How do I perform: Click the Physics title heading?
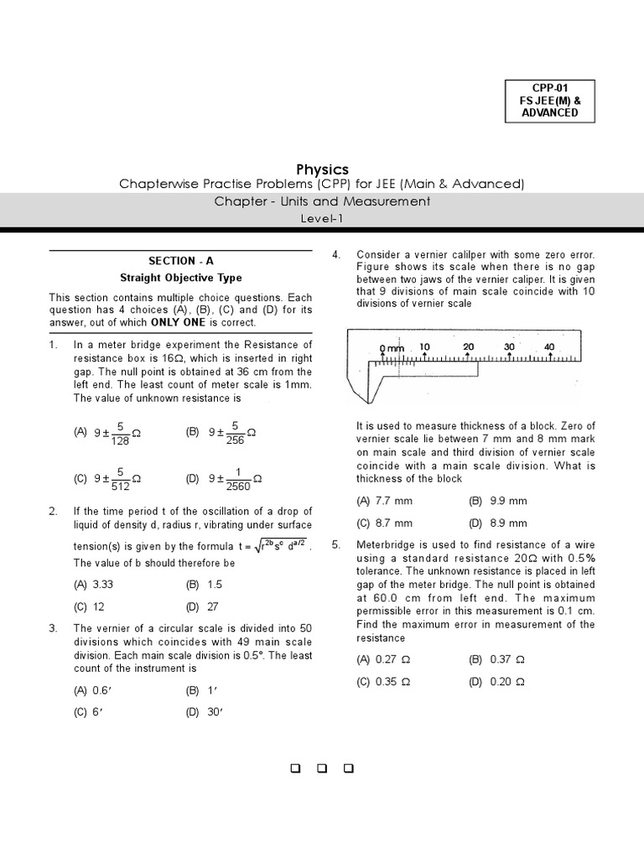coord(322,169)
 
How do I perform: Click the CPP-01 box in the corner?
coord(549,100)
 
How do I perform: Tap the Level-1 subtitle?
coord(322,218)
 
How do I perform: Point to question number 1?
coord(53,345)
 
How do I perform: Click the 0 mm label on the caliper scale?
coord(391,347)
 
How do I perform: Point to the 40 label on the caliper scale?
coord(549,346)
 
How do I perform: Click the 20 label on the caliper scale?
coord(468,346)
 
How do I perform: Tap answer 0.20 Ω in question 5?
coord(496,682)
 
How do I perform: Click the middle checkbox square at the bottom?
coord(322,768)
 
